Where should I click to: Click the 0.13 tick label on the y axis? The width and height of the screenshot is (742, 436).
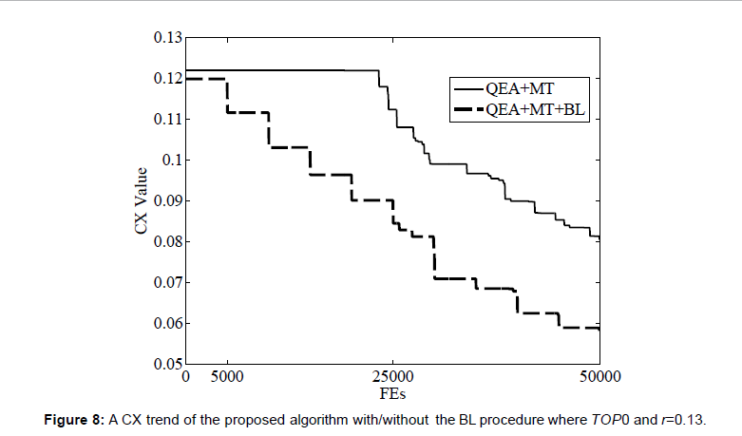pyautogui.click(x=168, y=38)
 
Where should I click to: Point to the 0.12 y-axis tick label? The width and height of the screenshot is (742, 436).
pyautogui.click(x=168, y=78)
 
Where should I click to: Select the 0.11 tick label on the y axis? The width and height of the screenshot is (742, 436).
pyautogui.click(x=168, y=119)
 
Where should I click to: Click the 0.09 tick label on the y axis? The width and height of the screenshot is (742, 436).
pyautogui.click(x=168, y=200)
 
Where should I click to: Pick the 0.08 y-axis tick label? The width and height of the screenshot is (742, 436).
pyautogui.click(x=168, y=241)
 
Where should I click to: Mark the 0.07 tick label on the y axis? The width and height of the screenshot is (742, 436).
pyautogui.click(x=168, y=282)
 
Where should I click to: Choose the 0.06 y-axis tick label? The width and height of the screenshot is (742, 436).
pyautogui.click(x=168, y=323)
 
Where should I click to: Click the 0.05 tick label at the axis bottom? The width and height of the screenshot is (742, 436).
pyautogui.click(x=168, y=364)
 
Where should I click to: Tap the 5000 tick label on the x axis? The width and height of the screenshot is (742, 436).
pyautogui.click(x=227, y=376)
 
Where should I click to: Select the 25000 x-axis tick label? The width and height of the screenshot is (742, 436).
pyautogui.click(x=393, y=376)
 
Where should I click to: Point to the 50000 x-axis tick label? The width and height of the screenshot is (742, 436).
pyautogui.click(x=599, y=376)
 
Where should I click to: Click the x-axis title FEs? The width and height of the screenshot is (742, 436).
pyautogui.click(x=393, y=391)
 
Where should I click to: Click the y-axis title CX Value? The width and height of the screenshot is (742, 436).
pyautogui.click(x=140, y=200)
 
